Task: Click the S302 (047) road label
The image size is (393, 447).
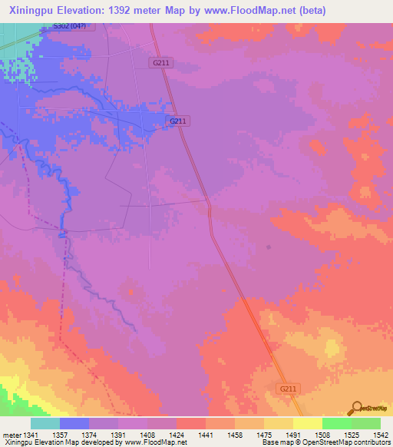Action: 70,26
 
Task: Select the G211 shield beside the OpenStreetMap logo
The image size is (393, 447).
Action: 288,389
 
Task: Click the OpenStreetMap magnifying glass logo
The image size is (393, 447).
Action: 355,409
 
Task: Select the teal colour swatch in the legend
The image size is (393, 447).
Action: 45,423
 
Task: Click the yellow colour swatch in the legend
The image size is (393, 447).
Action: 307,423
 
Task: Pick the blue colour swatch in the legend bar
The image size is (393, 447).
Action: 74,423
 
